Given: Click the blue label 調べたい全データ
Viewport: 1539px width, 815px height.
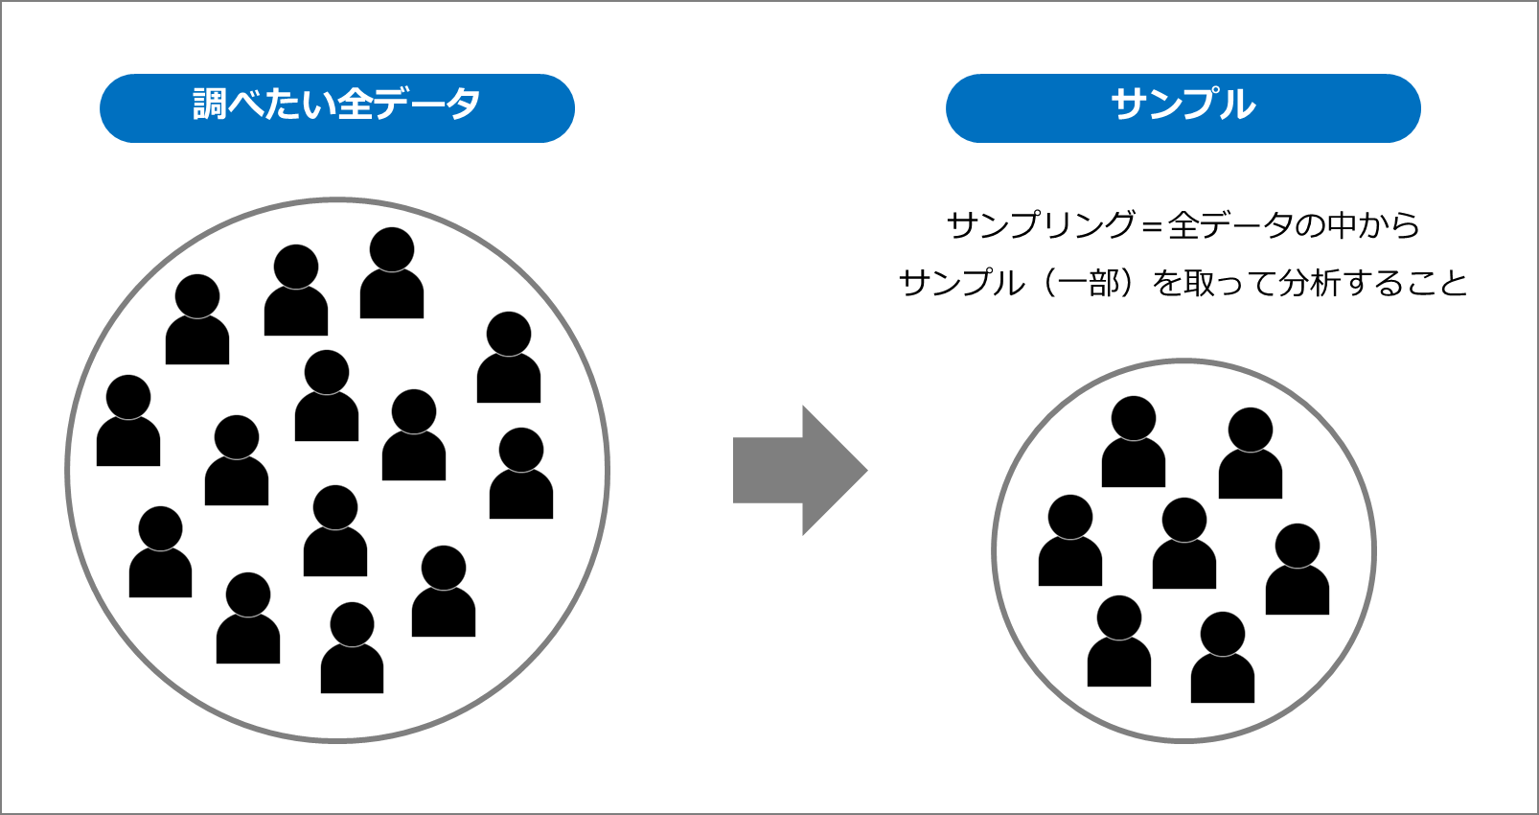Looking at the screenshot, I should pyautogui.click(x=336, y=107).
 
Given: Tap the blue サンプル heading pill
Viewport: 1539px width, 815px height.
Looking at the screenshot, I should pyautogui.click(x=1183, y=107).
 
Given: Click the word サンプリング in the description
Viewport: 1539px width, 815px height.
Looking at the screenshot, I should pyautogui.click(x=1041, y=225).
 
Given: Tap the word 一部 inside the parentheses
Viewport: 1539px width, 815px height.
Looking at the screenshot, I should pyautogui.click(x=1089, y=283).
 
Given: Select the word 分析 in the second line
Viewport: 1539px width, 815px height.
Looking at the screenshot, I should pyautogui.click(x=1310, y=283).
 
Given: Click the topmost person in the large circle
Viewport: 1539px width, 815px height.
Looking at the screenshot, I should pyautogui.click(x=392, y=274).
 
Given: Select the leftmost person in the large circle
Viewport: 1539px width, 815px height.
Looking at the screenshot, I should pyautogui.click(x=128, y=422).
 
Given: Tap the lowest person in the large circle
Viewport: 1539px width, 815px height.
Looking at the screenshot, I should pyautogui.click(x=352, y=649).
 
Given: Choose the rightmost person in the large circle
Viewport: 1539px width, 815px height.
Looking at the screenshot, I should pyautogui.click(x=521, y=475).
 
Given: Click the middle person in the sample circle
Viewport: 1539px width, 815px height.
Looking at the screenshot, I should pyautogui.click(x=1184, y=545).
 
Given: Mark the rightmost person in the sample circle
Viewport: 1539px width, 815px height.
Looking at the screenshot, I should pyautogui.click(x=1298, y=570).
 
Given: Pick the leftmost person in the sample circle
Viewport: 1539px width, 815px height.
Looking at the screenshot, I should pyautogui.click(x=1070, y=542).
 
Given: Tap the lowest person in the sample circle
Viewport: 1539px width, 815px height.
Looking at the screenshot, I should pyautogui.click(x=1223, y=659).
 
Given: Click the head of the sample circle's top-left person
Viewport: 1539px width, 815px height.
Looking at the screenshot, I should pyautogui.click(x=1134, y=418).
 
